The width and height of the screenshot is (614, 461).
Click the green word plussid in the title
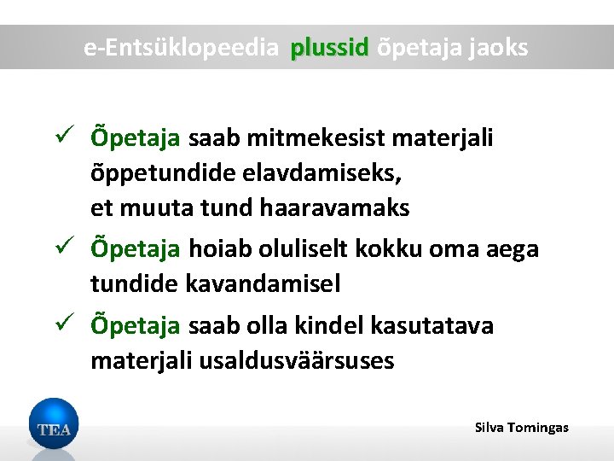click(328, 48)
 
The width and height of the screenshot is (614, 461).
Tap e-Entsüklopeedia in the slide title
click(182, 48)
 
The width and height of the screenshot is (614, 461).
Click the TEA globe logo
click(53, 426)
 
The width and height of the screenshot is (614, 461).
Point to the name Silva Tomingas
click(521, 427)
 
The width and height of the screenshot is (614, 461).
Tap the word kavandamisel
click(263, 284)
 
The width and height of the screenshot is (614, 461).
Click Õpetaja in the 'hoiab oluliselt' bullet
click(136, 249)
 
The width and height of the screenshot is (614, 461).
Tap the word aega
click(509, 249)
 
